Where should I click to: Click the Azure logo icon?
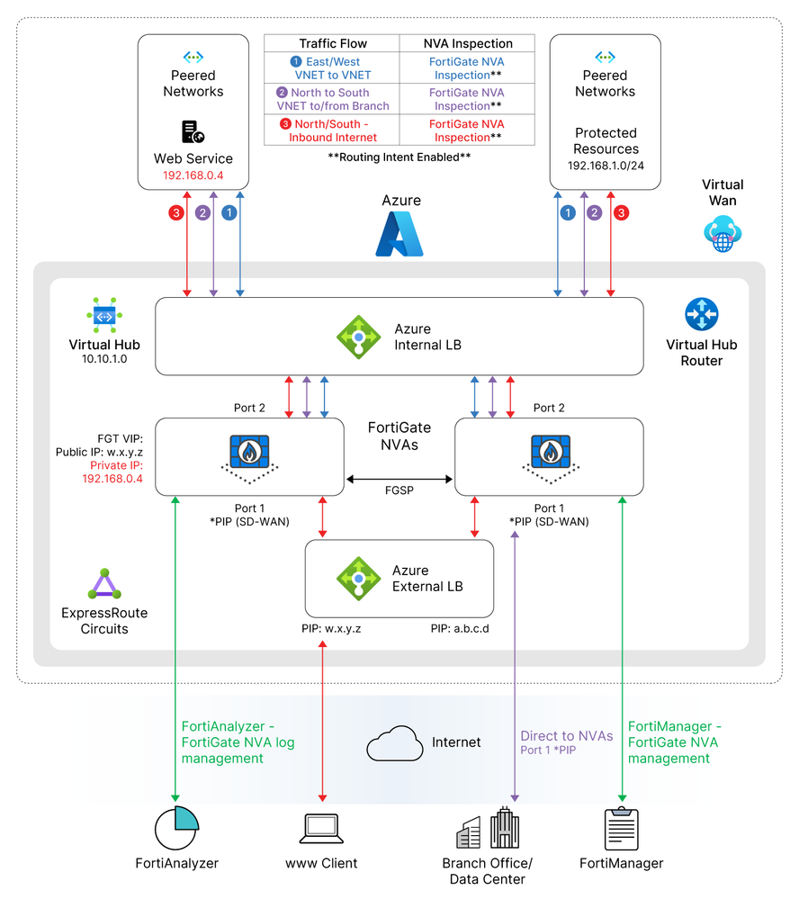[x=399, y=234]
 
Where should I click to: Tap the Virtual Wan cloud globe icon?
[x=723, y=233]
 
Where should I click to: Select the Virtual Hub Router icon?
[x=702, y=314]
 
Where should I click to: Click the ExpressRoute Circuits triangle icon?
[x=104, y=584]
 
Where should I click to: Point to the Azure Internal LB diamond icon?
[x=359, y=337]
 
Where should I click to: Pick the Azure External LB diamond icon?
[x=359, y=579]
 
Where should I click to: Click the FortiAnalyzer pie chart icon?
[x=176, y=828]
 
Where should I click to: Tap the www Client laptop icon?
[x=321, y=829]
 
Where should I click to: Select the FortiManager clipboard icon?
[x=622, y=829]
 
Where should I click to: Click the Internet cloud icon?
[x=395, y=743]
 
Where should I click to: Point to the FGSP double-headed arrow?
[x=399, y=480]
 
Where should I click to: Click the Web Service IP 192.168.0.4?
[x=193, y=175]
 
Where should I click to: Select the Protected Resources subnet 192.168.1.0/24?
[x=606, y=166]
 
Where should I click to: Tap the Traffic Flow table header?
[x=332, y=43]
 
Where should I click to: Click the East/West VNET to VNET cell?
[x=332, y=68]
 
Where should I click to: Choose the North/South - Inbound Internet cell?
[x=331, y=130]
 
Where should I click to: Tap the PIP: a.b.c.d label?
[x=460, y=629]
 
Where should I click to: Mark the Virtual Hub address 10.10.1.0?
[x=104, y=359]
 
